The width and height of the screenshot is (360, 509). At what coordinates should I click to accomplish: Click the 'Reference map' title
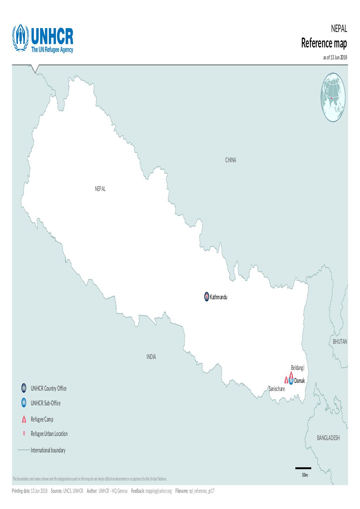point(324,44)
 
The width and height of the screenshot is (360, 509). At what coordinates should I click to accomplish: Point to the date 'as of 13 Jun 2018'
point(335,57)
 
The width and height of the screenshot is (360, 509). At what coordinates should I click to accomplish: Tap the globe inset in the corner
point(333,97)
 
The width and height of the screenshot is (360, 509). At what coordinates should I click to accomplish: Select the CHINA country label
point(231,160)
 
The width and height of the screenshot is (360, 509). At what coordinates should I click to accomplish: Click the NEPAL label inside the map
point(100,189)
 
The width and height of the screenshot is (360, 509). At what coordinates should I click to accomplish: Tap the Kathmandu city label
point(219,297)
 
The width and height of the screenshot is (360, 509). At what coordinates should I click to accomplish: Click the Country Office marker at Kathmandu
point(206,297)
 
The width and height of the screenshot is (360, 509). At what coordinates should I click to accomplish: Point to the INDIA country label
point(151,357)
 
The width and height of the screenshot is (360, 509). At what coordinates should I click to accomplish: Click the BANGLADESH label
point(328,438)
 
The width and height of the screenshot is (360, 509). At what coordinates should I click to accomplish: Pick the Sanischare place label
point(277,389)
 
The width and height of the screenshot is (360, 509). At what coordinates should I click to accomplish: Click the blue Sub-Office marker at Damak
point(291,380)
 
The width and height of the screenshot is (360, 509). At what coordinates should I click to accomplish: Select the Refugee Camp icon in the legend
point(24,419)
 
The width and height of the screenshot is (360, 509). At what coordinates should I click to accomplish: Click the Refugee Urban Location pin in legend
point(24,434)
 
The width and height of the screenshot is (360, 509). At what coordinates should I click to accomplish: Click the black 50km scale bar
point(303,468)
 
